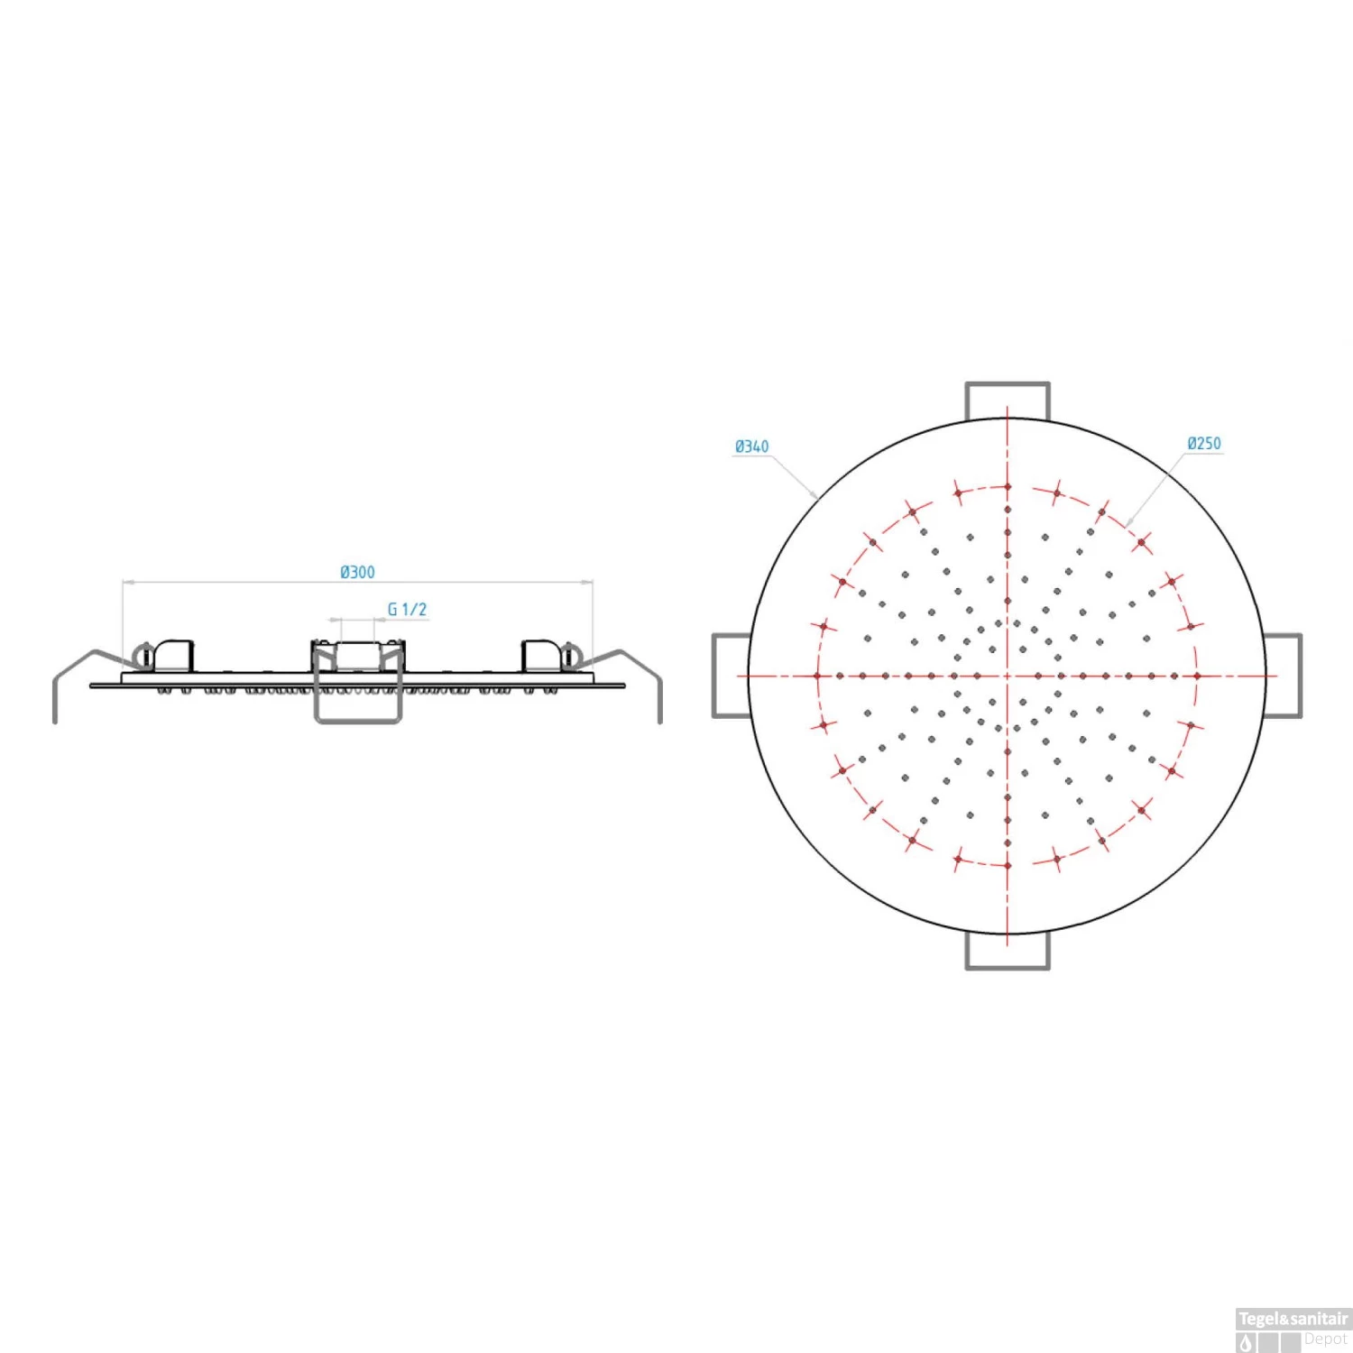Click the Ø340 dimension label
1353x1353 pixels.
751,446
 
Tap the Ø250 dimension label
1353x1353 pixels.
1204,444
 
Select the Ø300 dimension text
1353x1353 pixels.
357,572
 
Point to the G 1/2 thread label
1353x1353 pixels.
407,610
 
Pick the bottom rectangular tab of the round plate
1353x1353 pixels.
1008,950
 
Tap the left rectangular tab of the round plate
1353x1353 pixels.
732,676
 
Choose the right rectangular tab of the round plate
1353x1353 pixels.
1283,676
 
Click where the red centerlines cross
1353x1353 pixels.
1008,676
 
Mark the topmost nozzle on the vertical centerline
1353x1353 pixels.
1008,487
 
